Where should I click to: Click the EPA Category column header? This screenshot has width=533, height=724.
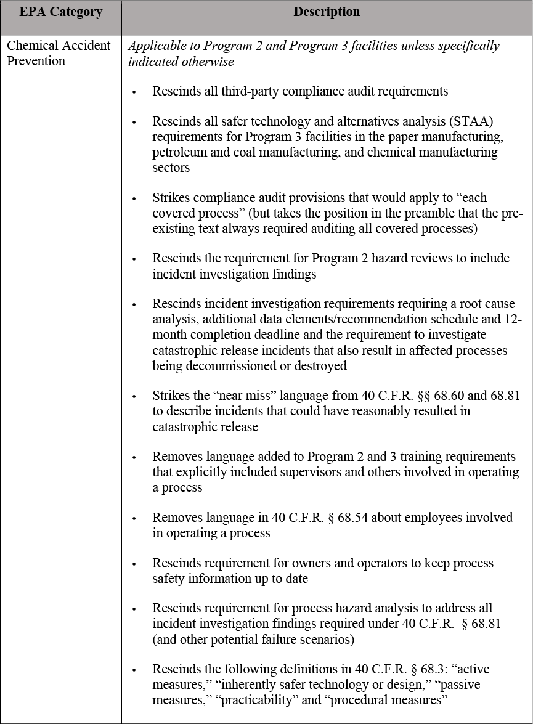coord(60,12)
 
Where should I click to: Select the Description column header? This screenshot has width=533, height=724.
coord(327,12)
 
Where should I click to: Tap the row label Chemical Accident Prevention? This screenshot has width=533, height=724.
coord(59,53)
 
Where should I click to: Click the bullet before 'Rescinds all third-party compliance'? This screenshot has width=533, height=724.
coord(134,92)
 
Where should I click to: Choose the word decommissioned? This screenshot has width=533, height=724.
coord(219,365)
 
